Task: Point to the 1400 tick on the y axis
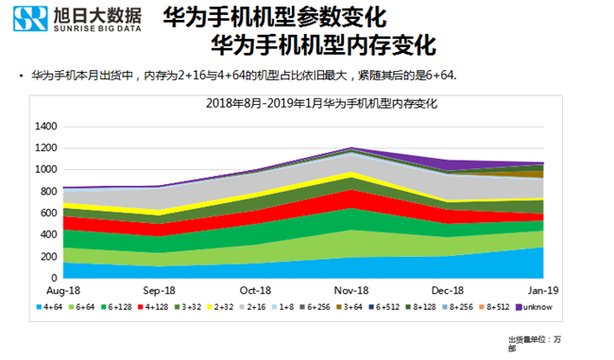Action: click(46, 126)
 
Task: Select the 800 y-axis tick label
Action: click(49, 192)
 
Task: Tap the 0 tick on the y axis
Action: click(55, 279)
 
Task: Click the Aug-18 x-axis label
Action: click(63, 292)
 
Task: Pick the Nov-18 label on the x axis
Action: click(351, 292)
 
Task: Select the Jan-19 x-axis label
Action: click(542, 292)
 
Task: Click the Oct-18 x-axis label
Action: click(255, 292)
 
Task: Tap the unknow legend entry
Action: click(541, 308)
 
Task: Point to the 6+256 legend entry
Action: click(327, 308)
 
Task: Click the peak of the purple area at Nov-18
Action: click(351, 148)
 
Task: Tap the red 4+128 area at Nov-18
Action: click(351, 199)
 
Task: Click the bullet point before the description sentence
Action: click(22, 75)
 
